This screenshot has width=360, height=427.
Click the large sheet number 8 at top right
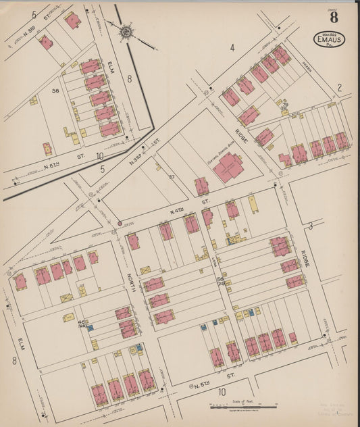click(x=334, y=18)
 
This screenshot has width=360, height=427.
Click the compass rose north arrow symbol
click(x=126, y=32)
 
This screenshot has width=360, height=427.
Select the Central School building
click(x=230, y=166)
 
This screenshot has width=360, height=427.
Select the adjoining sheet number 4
click(x=231, y=47)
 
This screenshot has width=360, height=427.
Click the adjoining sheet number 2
click(x=340, y=87)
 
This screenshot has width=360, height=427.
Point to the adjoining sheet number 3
click(x=310, y=225)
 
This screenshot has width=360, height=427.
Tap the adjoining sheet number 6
click(x=33, y=14)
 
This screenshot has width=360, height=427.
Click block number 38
click(x=56, y=90)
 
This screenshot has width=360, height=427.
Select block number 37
click(x=172, y=176)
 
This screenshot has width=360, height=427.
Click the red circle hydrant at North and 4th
click(x=120, y=222)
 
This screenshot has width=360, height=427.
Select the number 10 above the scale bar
click(x=220, y=391)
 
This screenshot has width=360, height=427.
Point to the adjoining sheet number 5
click(x=103, y=170)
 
